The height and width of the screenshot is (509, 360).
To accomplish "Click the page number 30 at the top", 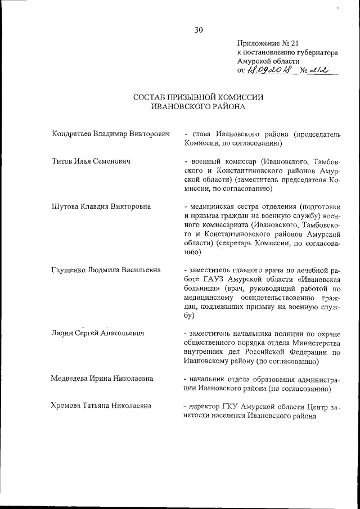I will pos(199,30).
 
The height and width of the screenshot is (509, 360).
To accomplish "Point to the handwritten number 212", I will pos(316,71).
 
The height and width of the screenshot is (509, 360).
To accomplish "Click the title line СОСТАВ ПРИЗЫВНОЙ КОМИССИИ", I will pos(199,97).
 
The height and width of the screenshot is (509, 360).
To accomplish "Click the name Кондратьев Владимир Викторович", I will pos(110,135).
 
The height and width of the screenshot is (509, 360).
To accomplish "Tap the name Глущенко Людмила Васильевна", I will pos(105,270).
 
